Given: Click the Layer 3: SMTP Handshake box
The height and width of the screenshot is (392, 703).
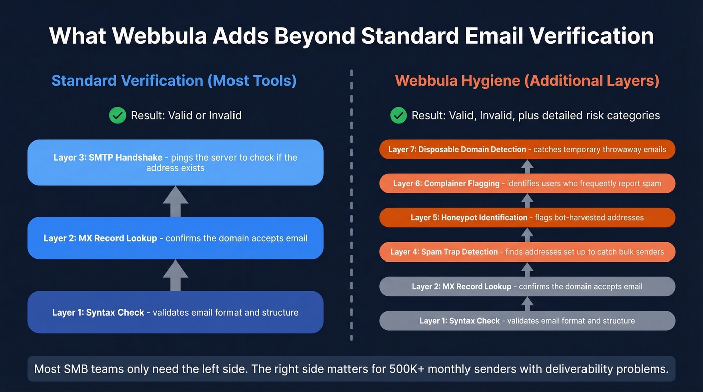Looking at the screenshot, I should pos(175,162).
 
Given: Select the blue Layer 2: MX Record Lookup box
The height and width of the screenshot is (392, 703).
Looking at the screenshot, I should pos(175,238).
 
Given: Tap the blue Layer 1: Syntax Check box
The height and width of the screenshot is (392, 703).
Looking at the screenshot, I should pos(175,312).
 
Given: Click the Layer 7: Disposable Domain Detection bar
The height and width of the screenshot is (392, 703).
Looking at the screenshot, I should pos(527,149).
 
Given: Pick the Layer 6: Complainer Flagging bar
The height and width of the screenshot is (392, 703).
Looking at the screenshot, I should pos(527,184).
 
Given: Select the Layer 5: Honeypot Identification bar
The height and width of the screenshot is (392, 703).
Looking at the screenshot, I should pos(527,218).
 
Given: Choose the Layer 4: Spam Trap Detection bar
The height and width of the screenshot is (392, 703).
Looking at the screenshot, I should pos(527,252).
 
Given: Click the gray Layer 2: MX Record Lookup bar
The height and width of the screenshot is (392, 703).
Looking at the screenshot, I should pos(527,286).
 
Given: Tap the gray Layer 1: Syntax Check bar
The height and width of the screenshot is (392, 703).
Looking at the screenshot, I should pos(527,321).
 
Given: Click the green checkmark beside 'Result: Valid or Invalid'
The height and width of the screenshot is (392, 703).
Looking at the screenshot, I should pos(118,115).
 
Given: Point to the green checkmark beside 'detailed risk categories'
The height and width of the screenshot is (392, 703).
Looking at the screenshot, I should pos(398,115).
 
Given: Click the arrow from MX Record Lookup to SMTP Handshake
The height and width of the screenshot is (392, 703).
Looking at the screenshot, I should pos(175,201).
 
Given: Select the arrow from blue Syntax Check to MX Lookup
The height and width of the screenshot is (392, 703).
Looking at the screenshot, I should pos(175,275).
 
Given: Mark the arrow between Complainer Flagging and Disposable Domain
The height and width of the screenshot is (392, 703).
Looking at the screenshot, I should pos(527,167).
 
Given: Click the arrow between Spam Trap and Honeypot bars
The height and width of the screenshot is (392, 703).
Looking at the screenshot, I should pos(527,235).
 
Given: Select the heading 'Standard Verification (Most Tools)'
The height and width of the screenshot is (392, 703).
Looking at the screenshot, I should pos(174,81).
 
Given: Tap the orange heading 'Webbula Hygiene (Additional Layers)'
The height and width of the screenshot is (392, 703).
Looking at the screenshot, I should pos(527,81).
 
